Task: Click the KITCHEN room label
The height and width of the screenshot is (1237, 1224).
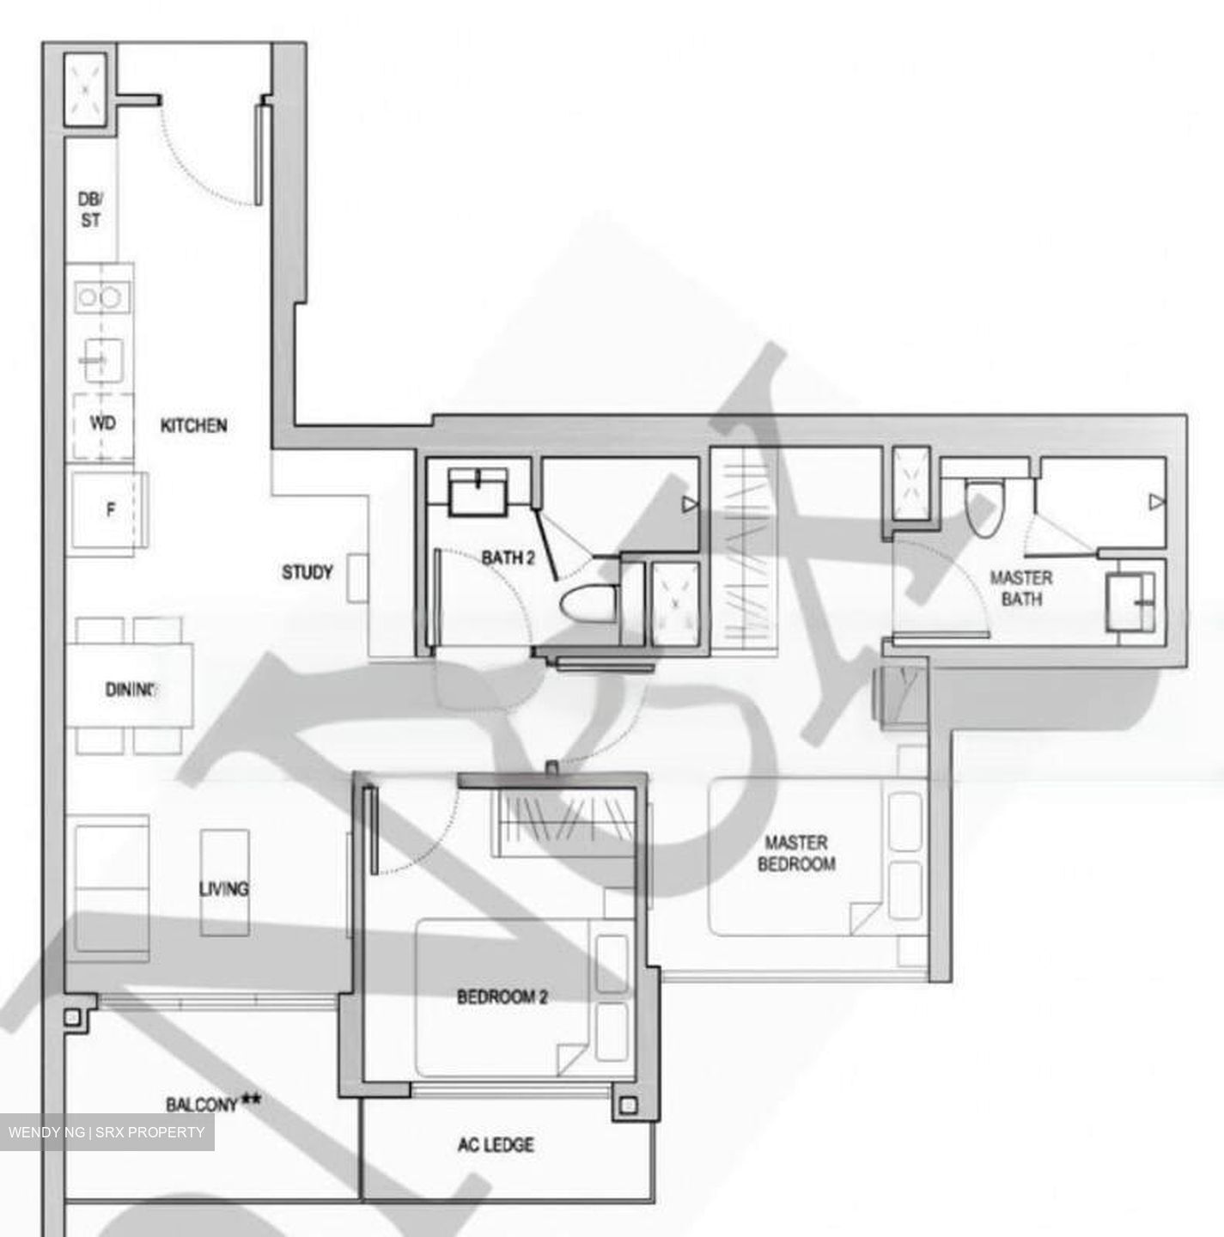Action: [x=194, y=425]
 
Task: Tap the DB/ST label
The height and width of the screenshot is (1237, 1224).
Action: [x=90, y=210]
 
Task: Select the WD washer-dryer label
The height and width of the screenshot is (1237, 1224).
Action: [x=103, y=424]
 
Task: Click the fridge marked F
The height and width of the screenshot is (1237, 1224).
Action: [x=109, y=510]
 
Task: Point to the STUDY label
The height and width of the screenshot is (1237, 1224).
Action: [x=308, y=572]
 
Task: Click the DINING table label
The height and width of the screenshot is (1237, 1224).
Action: [x=131, y=689]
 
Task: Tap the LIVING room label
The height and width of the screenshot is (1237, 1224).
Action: [x=224, y=888]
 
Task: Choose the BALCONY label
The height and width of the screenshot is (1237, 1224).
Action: [x=201, y=1105]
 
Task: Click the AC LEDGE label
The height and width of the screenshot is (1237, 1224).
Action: [x=496, y=1144]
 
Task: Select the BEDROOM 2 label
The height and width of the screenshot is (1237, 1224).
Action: [x=502, y=997]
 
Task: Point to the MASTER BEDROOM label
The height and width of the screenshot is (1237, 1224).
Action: [x=796, y=853]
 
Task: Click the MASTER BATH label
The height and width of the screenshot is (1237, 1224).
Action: [x=1021, y=588]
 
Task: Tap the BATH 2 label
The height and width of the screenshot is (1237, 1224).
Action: [x=508, y=558]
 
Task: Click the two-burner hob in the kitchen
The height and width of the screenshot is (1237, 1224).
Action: [x=100, y=297]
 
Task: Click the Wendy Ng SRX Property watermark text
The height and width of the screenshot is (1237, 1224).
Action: [x=107, y=1132]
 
